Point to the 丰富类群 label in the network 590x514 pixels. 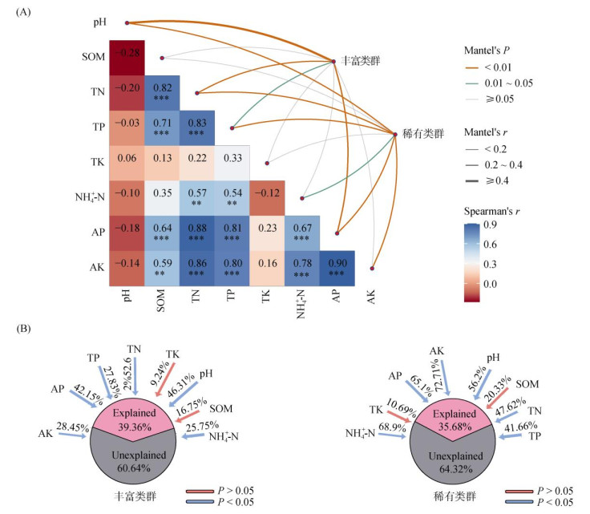pos(360,61)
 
